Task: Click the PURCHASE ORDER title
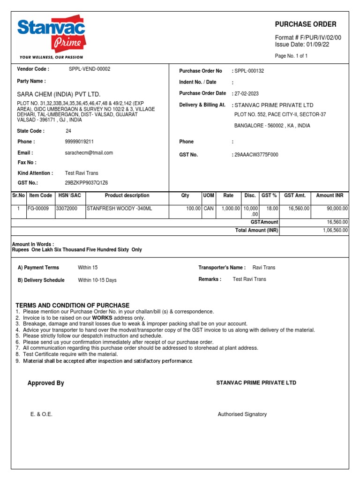click(x=305, y=24)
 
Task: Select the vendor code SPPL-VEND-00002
click(x=90, y=69)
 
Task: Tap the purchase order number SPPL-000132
click(x=249, y=71)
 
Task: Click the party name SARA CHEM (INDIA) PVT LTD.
click(x=59, y=94)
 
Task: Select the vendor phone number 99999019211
click(x=79, y=142)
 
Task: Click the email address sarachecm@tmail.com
click(x=89, y=153)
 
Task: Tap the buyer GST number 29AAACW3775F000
click(x=256, y=154)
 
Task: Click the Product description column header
click(x=127, y=195)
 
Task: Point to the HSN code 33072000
click(x=67, y=208)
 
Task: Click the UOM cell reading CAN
click(x=208, y=208)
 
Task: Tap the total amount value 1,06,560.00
click(x=335, y=230)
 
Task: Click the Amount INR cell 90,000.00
click(x=334, y=208)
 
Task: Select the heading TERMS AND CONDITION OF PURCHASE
click(x=73, y=305)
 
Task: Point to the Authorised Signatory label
click(x=242, y=414)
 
